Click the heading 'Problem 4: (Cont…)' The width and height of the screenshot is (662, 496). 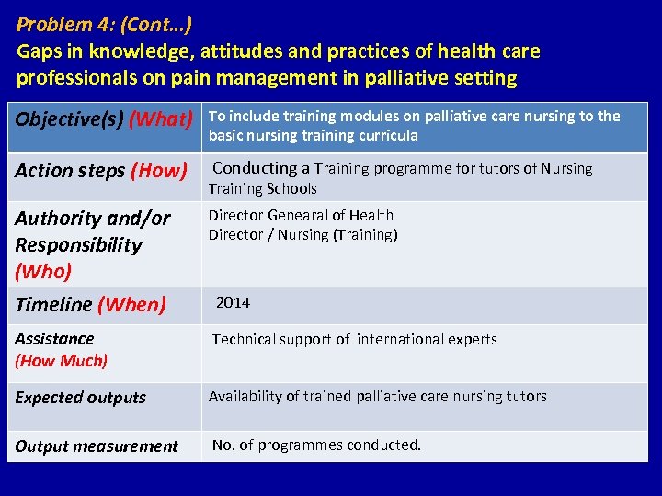click(x=104, y=24)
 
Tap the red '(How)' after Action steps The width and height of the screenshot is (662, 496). click(x=159, y=170)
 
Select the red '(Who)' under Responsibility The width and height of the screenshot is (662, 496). click(x=42, y=271)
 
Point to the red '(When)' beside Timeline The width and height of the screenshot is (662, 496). click(x=131, y=304)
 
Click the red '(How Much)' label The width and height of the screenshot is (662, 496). click(x=61, y=361)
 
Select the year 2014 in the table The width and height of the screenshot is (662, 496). click(x=233, y=302)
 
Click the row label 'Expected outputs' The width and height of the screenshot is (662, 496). click(x=80, y=398)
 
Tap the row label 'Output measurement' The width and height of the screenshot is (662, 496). click(x=97, y=446)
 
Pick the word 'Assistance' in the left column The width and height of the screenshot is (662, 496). click(x=54, y=339)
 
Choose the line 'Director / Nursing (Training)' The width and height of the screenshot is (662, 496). click(x=302, y=235)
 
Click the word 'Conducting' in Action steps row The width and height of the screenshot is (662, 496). click(x=255, y=168)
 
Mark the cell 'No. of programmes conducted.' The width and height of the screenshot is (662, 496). click(x=316, y=445)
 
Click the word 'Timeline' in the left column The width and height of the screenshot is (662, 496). click(x=53, y=304)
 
